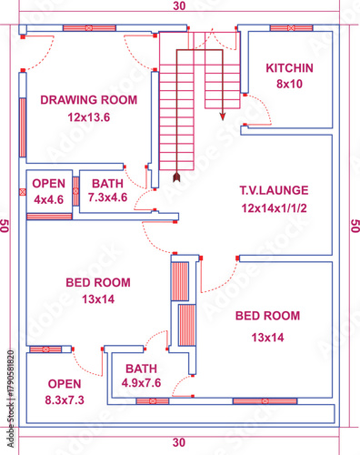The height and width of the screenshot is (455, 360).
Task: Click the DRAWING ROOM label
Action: [x=88, y=99]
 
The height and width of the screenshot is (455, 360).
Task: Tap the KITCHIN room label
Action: [x=289, y=68]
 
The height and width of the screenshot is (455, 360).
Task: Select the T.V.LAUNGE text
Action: [x=274, y=191]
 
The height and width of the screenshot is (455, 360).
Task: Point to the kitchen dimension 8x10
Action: [x=289, y=84]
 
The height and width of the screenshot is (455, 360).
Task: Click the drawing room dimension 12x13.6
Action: [x=88, y=117]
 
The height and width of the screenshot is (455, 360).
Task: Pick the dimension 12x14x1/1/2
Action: [x=274, y=208]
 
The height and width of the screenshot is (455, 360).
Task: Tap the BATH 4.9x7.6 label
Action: [x=141, y=376]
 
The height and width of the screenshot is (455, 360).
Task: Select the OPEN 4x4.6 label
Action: [x=49, y=191]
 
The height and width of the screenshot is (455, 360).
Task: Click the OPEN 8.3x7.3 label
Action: [x=64, y=391]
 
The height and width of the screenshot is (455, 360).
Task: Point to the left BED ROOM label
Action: [x=97, y=282]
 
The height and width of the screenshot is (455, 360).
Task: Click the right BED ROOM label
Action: [x=267, y=316]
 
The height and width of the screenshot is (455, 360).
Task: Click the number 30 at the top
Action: [x=179, y=5]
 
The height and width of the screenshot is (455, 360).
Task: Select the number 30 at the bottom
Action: [x=179, y=442]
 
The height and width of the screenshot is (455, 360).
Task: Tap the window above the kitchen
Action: [x=291, y=27]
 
